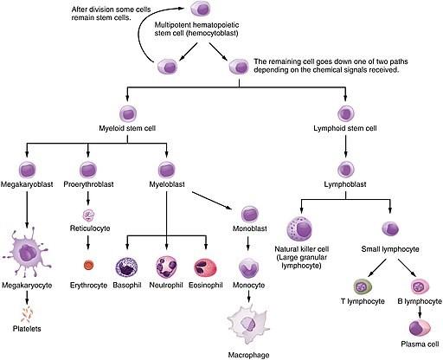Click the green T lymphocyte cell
(363, 286)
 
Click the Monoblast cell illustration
(249, 213)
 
